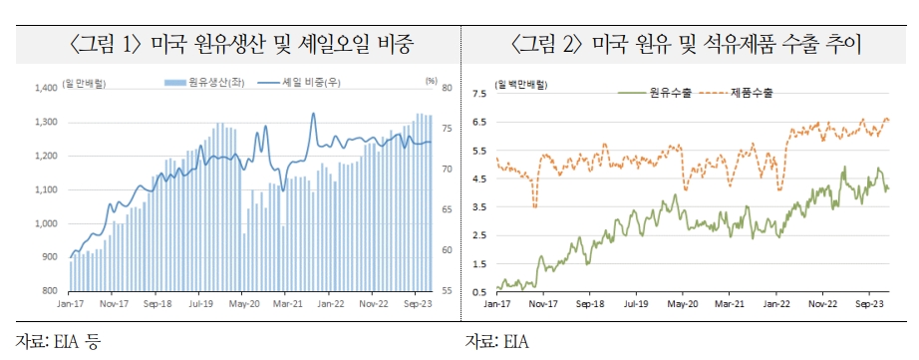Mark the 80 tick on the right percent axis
tap(445, 89)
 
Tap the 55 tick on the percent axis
tap(445, 291)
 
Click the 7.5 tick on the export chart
tap(478, 95)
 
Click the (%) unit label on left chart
tap(431, 79)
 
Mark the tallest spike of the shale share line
tap(313, 114)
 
